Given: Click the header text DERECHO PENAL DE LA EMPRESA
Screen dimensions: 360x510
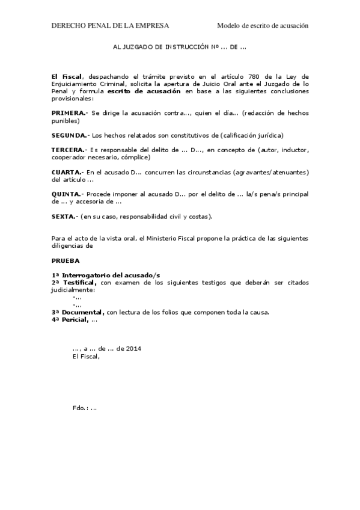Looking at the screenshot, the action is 110,26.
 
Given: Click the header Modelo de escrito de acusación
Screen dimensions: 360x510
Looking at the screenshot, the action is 263,26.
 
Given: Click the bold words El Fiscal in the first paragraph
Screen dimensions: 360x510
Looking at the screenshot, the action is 69,77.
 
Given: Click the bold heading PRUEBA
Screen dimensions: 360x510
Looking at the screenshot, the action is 65,261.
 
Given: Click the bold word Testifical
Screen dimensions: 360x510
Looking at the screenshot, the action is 79,282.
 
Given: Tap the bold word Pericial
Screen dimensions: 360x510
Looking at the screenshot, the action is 75,319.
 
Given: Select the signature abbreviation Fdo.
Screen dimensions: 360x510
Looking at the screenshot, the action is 79,408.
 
